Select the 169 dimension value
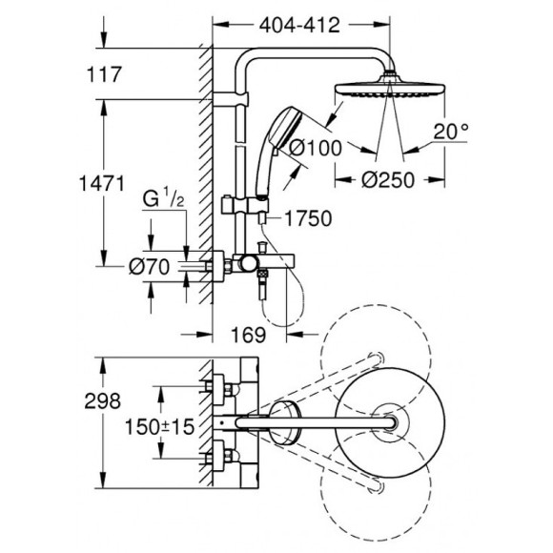[x=248, y=337]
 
